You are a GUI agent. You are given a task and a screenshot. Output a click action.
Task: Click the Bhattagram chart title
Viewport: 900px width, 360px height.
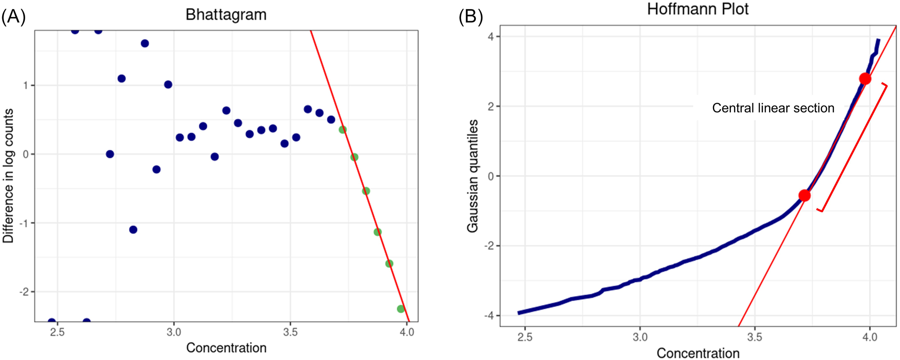point(226,15)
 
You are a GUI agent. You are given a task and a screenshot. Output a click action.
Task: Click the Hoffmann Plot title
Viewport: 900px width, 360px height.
point(698,9)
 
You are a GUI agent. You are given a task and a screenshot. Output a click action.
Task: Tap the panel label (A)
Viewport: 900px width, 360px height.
point(13,17)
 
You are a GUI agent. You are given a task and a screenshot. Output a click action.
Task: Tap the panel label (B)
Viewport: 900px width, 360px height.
point(470,17)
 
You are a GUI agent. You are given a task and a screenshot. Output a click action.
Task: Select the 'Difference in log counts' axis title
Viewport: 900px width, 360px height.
point(9,175)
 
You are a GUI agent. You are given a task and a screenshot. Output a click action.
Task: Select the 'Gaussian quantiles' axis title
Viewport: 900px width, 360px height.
point(472,175)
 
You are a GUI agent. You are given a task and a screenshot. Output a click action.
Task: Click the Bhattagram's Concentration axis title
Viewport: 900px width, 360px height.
point(226,348)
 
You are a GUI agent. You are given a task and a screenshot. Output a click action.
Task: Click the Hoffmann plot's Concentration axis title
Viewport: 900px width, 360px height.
point(698,353)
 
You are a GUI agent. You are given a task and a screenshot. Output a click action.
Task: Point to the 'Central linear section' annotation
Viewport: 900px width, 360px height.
point(773,108)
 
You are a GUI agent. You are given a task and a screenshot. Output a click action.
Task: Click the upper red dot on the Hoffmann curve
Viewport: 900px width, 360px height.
point(865,79)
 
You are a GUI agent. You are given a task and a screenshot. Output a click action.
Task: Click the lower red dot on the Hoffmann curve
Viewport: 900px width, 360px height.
point(804,195)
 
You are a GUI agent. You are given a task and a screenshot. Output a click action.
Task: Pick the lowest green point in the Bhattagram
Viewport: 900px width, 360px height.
point(401,309)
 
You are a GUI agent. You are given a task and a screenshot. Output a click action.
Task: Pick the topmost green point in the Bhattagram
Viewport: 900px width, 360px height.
point(343,130)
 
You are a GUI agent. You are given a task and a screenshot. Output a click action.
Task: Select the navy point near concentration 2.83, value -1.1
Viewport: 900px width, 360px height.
point(133,229)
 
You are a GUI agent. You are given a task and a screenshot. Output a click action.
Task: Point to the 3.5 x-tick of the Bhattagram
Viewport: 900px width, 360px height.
point(290,333)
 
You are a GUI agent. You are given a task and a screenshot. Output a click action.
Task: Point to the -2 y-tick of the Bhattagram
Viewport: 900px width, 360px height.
point(24,292)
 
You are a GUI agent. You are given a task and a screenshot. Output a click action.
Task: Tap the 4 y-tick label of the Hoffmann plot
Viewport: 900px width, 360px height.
point(491,36)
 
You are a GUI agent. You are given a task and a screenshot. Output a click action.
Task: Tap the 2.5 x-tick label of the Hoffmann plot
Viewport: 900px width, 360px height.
point(525,337)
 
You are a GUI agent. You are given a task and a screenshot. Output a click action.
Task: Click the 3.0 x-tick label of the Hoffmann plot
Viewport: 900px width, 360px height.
point(640,337)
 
